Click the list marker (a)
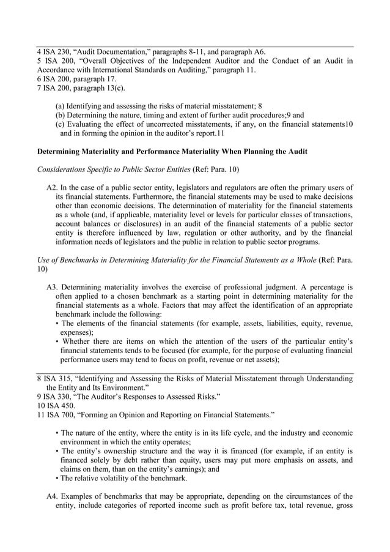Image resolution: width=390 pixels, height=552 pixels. [x=60, y=105]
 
